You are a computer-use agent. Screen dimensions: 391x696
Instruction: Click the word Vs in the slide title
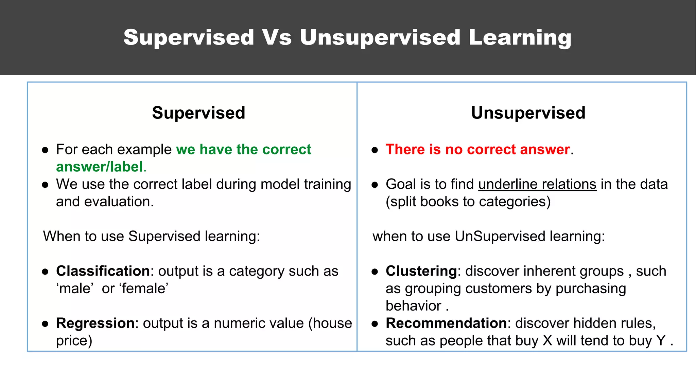pos(277,37)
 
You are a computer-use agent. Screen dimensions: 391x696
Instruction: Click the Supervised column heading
pos(198,113)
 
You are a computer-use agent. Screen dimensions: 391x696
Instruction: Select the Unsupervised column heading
pos(528,113)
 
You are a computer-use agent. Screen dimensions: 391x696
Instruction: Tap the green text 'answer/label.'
pos(101,167)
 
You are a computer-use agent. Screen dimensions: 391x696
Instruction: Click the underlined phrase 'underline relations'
pos(537,184)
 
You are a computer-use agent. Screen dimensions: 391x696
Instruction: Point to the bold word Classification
pos(103,271)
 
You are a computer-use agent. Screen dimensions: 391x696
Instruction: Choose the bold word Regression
pos(95,323)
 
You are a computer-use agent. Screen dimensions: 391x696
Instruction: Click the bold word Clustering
pos(421,271)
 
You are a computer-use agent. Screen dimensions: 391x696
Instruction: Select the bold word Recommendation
pos(446,323)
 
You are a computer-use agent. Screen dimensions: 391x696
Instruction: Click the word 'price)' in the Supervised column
pos(74,341)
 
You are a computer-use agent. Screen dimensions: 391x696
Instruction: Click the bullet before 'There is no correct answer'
pos(375,150)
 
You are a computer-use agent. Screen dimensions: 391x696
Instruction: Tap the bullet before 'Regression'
pos(45,324)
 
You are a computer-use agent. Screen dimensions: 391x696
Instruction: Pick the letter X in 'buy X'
pos(547,341)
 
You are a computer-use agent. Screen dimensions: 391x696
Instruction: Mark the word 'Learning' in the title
pos(520,37)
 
